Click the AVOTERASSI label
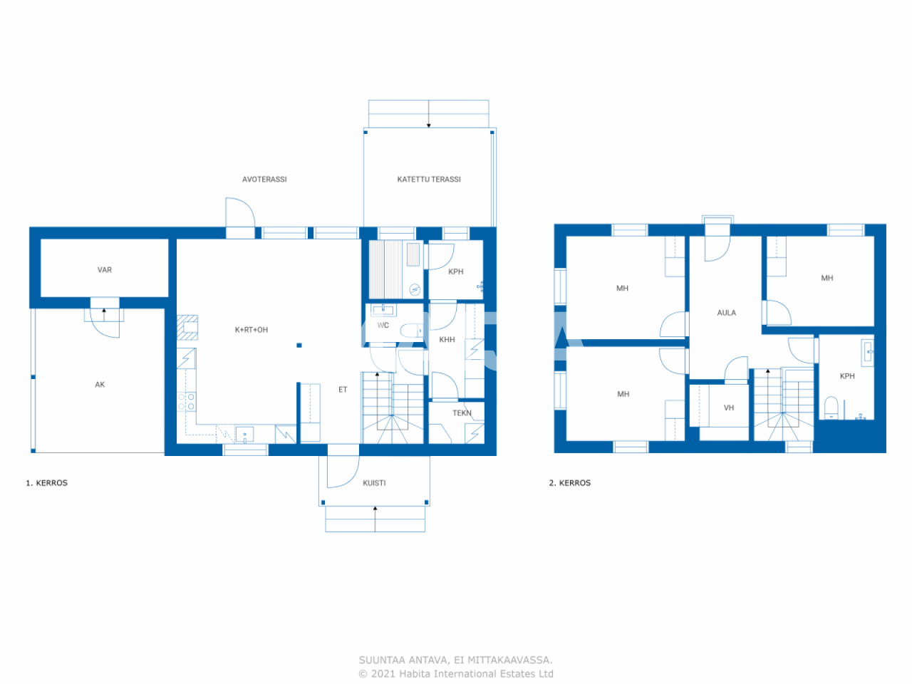click(x=264, y=180)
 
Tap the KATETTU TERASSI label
click(x=429, y=180)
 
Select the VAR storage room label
click(x=105, y=270)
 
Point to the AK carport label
click(x=100, y=385)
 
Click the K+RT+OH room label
click(x=252, y=330)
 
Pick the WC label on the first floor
click(x=383, y=325)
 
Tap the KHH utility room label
click(x=447, y=340)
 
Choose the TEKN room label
click(x=462, y=413)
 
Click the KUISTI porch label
click(x=374, y=483)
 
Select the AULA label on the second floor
click(x=727, y=313)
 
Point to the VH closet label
click(x=729, y=408)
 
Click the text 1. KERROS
click(x=46, y=483)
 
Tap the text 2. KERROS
click(x=569, y=483)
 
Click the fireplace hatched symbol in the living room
click(x=187, y=327)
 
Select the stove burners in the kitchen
click(x=187, y=402)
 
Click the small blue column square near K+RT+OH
click(x=299, y=345)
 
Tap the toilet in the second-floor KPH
click(x=831, y=408)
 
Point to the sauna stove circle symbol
click(x=415, y=289)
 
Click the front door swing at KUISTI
click(x=343, y=472)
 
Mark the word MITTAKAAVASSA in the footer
click(x=510, y=660)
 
